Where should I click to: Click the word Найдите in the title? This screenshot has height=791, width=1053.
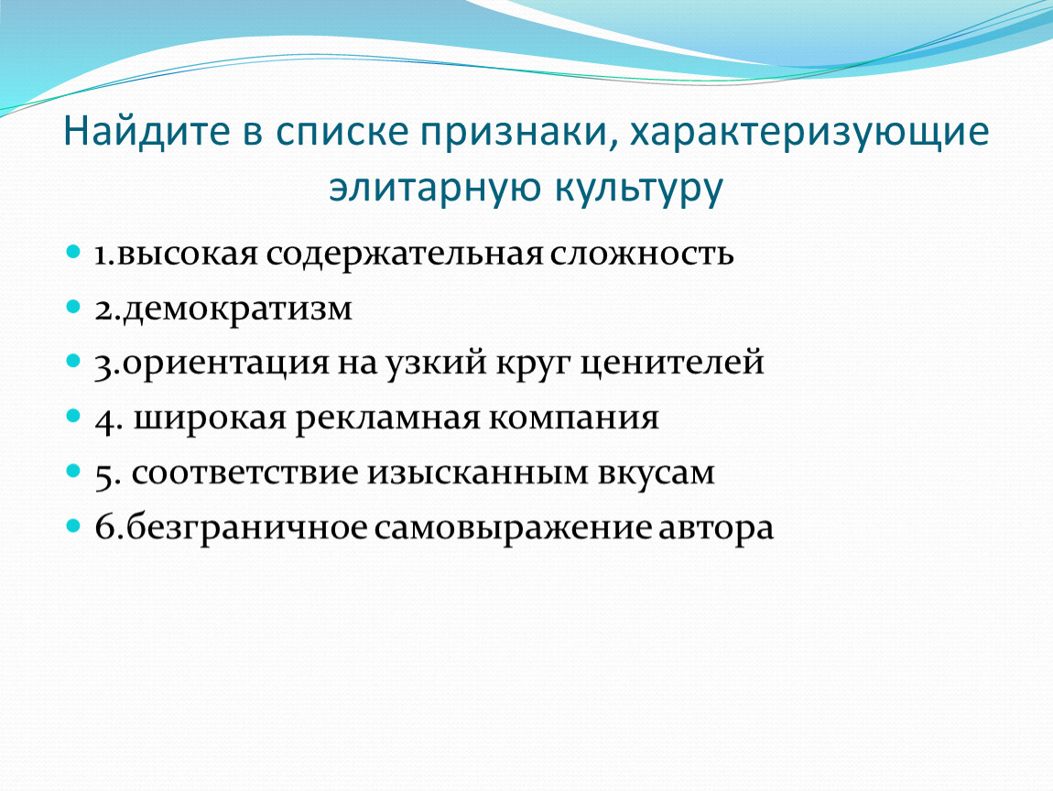tap(147, 132)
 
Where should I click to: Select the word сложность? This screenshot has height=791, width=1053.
tap(641, 255)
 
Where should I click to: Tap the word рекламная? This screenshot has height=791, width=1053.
tap(387, 419)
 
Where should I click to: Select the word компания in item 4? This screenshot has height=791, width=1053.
tap(573, 419)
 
